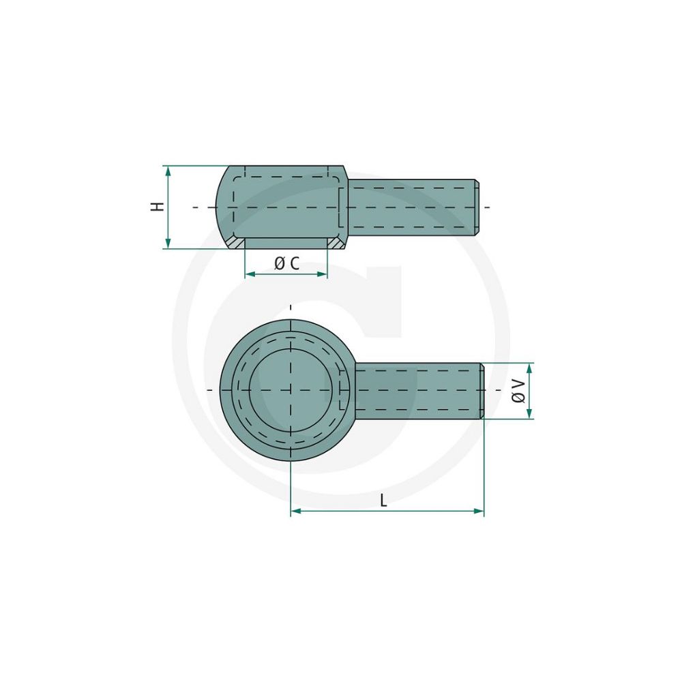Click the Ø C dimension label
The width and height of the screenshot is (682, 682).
coord(287,263)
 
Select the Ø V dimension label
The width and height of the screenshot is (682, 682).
coord(518,391)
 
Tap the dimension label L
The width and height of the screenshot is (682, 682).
coord(383,501)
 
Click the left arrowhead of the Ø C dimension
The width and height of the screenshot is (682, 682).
coord(250,274)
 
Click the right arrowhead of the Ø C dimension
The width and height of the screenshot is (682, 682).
coord(322,274)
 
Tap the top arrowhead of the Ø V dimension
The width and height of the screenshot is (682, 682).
coord(529,368)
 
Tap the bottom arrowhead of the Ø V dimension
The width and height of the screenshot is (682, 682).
coord(529,413)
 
